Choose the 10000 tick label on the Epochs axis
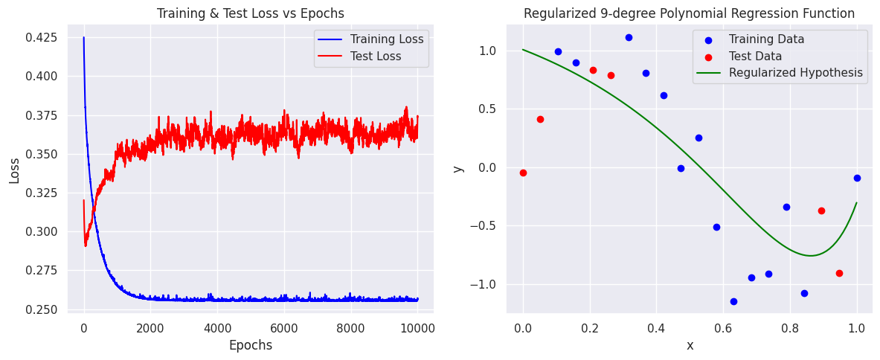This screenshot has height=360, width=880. (x=418, y=327)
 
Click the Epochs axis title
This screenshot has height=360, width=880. (x=250, y=345)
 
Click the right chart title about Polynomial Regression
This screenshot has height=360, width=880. (x=689, y=13)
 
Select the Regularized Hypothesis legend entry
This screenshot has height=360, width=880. (x=795, y=73)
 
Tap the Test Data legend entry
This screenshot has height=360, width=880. (x=755, y=56)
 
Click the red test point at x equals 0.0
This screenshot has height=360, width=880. (x=523, y=173)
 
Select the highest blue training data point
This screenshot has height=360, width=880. (x=629, y=37)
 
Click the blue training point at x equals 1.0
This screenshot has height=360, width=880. (x=857, y=178)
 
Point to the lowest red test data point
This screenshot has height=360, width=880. (x=839, y=273)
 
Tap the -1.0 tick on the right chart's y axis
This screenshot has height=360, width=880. (x=487, y=284)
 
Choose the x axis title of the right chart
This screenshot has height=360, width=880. (x=690, y=345)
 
